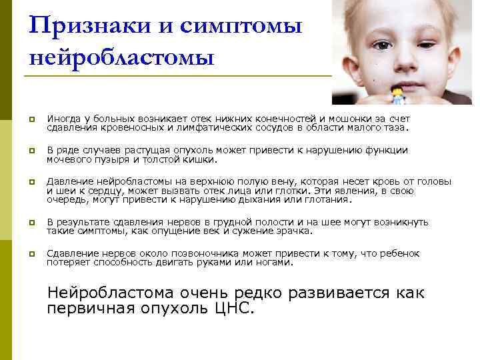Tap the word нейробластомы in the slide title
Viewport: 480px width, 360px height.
(x=122, y=57)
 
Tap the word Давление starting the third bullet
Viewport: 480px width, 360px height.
(x=68, y=182)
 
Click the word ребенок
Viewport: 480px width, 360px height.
(x=416, y=254)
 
